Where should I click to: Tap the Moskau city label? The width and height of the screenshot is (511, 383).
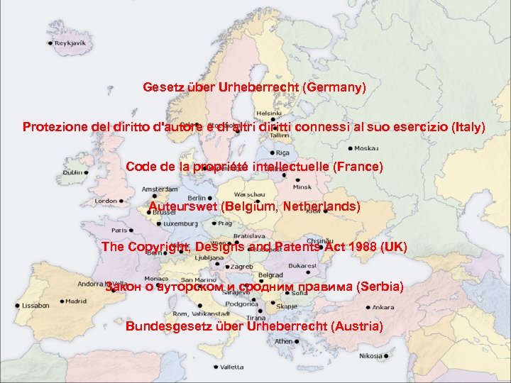click(x=367, y=149)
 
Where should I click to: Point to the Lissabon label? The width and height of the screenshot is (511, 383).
click(x=35, y=306)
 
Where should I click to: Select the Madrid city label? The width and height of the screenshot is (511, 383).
click(x=77, y=301)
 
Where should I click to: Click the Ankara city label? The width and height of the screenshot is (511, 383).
click(x=383, y=308)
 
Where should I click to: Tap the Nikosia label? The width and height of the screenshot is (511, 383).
click(x=370, y=356)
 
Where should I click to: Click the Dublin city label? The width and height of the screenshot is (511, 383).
click(x=73, y=172)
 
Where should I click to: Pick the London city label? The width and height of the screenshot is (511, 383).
click(x=106, y=201)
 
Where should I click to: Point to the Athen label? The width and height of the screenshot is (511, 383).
click(x=283, y=341)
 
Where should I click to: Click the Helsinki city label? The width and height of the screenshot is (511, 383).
click(x=269, y=113)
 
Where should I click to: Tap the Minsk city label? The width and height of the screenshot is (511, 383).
click(x=302, y=187)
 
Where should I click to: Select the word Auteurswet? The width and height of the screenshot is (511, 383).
click(x=183, y=207)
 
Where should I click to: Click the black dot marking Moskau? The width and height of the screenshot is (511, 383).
click(x=351, y=149)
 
